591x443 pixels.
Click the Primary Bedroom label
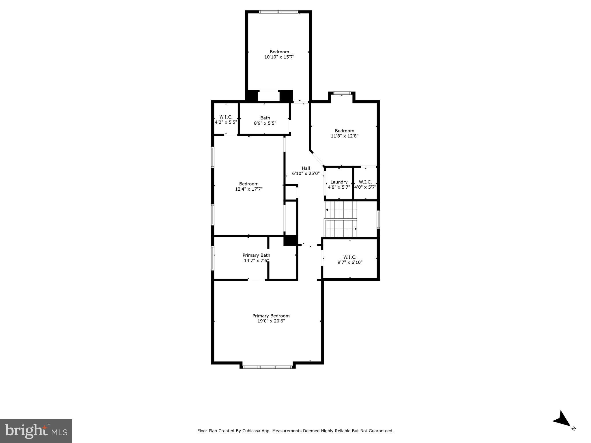(271, 316)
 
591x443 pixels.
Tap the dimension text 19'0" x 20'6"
(271, 321)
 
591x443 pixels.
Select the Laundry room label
(339, 182)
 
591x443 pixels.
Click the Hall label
(306, 168)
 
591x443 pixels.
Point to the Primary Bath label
(256, 255)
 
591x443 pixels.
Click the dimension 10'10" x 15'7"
(279, 57)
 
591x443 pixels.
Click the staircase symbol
(341, 219)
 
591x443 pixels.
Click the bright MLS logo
(36, 431)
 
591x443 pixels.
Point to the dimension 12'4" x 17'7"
(249, 189)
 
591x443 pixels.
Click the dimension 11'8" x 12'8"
(344, 136)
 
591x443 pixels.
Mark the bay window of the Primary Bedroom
(267, 367)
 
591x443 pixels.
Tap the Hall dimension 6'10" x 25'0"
(306, 174)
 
